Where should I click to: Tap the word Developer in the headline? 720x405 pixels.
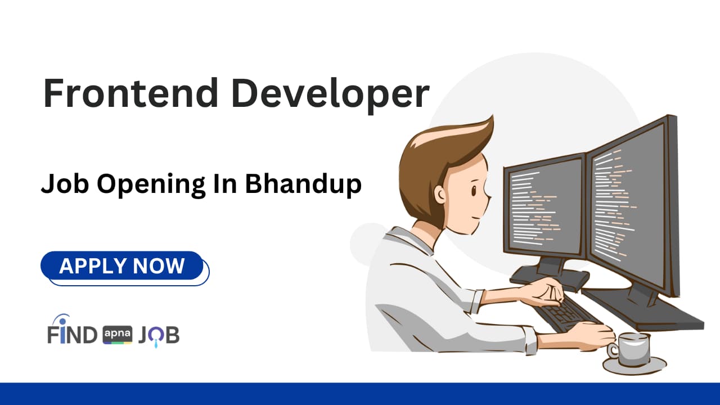[x=330, y=94]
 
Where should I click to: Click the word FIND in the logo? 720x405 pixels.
[x=72, y=335]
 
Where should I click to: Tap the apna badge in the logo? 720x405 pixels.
[x=118, y=335]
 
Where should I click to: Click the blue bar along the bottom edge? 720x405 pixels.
[x=360, y=394]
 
